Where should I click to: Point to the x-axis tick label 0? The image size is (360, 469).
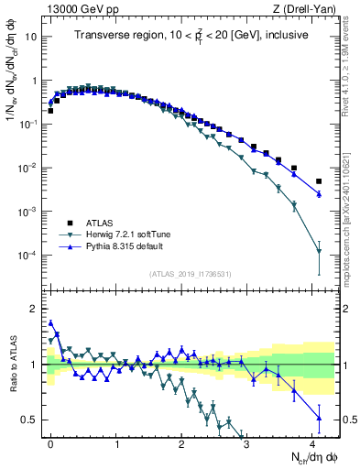pyautogui.click(x=51, y=442)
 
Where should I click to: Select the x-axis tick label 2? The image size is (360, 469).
pyautogui.click(x=181, y=442)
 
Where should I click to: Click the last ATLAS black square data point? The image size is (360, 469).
pyautogui.click(x=319, y=181)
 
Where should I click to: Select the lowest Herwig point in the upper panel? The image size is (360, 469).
pyautogui.click(x=319, y=251)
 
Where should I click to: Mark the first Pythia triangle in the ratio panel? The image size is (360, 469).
pyautogui.click(x=51, y=322)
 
